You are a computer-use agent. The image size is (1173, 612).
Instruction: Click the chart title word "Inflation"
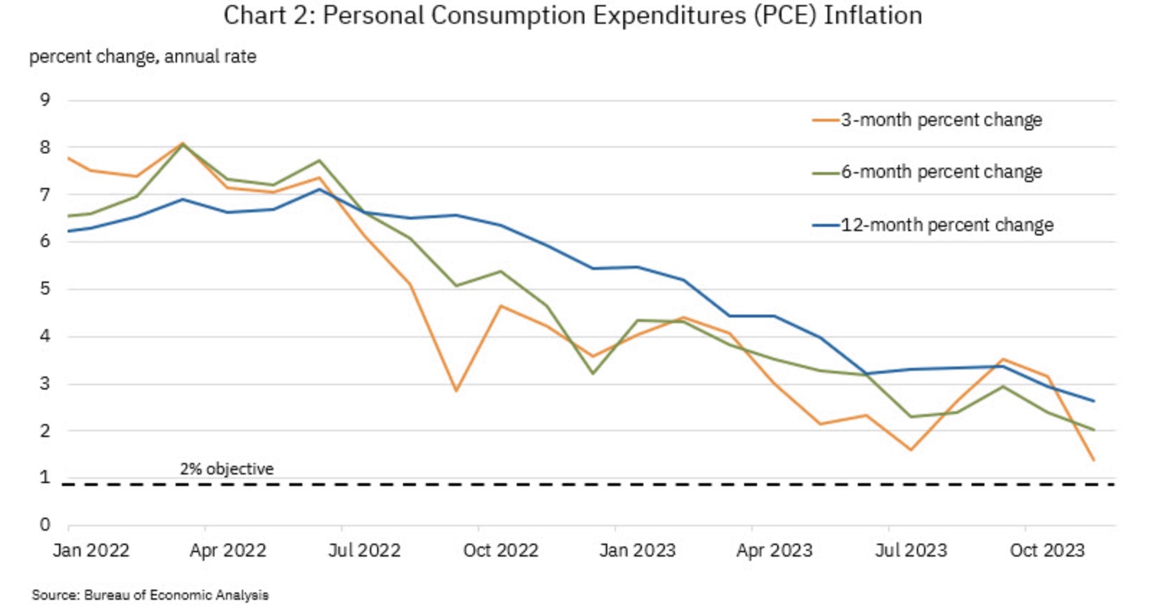(872, 15)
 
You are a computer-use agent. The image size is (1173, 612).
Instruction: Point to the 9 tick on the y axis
(45, 99)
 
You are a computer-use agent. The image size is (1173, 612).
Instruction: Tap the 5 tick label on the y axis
(45, 289)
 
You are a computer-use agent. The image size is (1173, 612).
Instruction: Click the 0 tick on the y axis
(45, 525)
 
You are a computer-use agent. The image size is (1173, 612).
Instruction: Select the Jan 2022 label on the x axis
(91, 551)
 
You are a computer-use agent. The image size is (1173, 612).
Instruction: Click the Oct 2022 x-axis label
(501, 551)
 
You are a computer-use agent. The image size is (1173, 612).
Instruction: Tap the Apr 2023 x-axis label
(774, 551)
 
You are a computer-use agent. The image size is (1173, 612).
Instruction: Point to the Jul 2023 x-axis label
(911, 551)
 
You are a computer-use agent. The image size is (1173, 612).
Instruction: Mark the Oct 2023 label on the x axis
(1047, 551)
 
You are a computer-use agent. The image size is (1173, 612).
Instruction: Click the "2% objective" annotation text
(227, 469)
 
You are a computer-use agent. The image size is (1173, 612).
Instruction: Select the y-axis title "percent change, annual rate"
(142, 56)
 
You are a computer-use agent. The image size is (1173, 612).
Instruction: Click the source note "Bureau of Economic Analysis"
(176, 595)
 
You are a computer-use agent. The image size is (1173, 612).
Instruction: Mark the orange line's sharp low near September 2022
(456, 391)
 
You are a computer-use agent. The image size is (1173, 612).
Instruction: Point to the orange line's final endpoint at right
(1094, 460)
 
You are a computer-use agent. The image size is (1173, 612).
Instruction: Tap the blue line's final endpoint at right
(1094, 401)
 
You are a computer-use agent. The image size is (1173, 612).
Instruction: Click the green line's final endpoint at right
(1094, 430)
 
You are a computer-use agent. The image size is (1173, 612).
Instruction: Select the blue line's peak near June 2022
(320, 189)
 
